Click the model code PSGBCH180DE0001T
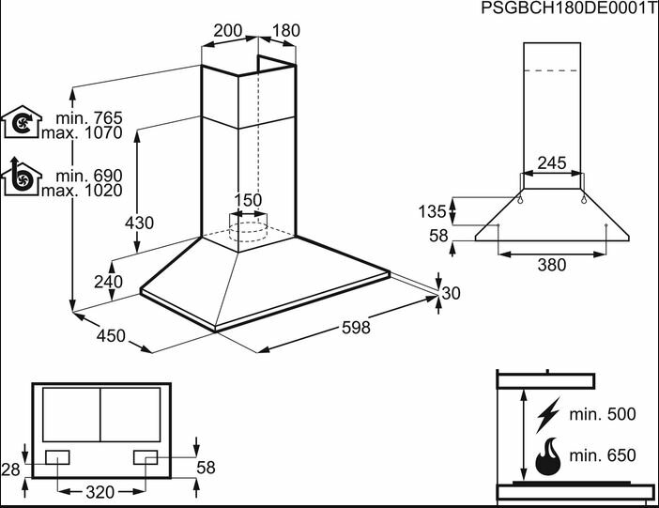tap(568, 8)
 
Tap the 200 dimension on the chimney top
tap(228, 30)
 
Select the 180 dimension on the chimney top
tap(285, 30)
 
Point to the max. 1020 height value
tap(82, 191)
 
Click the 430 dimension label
tap(139, 223)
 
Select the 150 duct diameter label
tap(248, 200)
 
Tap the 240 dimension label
tap(109, 282)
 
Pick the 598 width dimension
tap(356, 328)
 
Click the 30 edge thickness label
tap(452, 294)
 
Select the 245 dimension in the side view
tap(551, 163)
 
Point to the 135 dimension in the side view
tap(432, 210)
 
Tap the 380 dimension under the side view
tap(551, 265)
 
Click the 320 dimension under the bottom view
tap(100, 492)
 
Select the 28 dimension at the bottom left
tap(10, 468)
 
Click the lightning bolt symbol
tap(547, 414)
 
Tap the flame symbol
tap(547, 457)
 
